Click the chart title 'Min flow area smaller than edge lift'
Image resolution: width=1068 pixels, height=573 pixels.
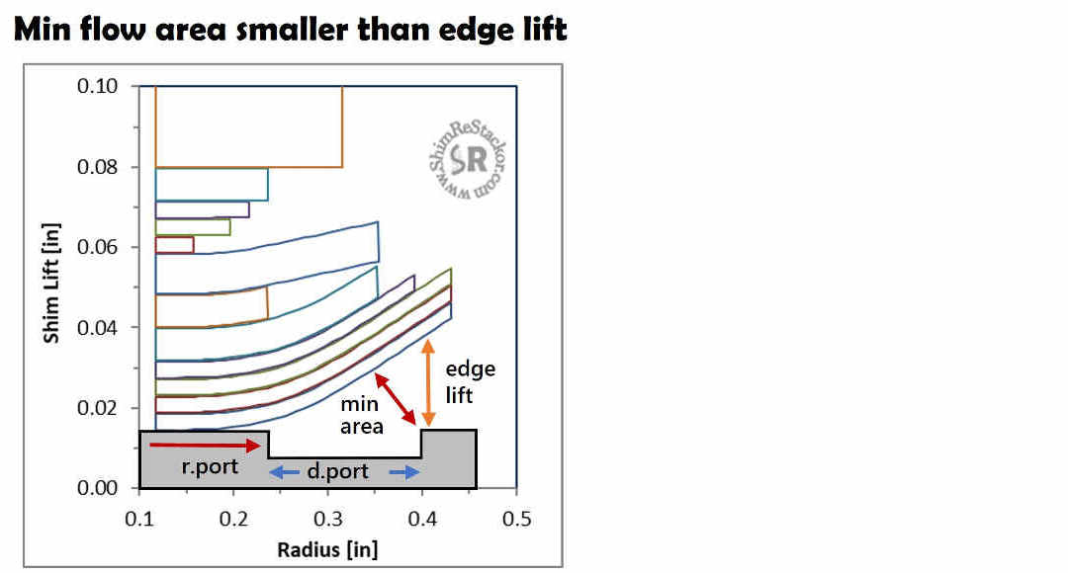tap(290, 30)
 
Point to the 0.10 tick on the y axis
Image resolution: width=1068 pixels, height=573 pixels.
tap(97, 86)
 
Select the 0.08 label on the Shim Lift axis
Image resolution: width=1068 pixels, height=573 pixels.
tap(97, 167)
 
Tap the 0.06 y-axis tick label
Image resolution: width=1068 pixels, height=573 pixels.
tap(97, 247)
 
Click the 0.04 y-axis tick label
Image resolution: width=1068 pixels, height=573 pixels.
tap(97, 327)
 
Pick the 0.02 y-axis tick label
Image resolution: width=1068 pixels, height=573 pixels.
tap(97, 408)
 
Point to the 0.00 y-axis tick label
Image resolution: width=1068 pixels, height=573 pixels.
tap(97, 488)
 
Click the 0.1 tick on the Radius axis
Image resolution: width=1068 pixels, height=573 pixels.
tap(139, 520)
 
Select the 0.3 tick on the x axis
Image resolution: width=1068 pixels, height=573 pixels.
tap(327, 520)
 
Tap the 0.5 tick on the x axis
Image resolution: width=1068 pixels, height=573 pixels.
tap(516, 520)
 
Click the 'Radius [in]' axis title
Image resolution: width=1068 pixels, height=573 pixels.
tap(327, 549)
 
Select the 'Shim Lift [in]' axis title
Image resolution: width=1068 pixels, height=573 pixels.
tap(51, 284)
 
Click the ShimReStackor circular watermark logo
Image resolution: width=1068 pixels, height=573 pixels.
tap(468, 161)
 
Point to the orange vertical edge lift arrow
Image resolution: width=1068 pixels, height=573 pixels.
tap(428, 383)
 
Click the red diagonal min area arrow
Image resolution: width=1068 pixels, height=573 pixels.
tap(395, 399)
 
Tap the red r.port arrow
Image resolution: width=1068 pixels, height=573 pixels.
tap(205, 445)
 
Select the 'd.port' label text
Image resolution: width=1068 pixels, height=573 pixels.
tap(338, 471)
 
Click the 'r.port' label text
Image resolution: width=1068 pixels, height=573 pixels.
tap(210, 467)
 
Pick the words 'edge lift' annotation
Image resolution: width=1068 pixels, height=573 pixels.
tap(471, 381)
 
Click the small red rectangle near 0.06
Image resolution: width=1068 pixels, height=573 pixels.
tap(174, 245)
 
